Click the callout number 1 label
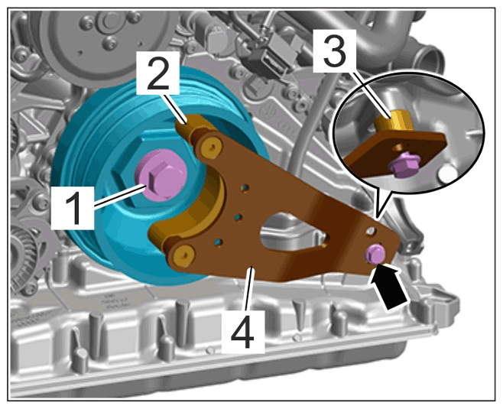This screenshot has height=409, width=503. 73,207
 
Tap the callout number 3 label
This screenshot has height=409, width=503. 335,51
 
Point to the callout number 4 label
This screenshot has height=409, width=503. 243,331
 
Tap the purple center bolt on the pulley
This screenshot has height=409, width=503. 160,176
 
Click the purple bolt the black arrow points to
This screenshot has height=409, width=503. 375,253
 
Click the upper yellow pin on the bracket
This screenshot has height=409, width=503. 211,148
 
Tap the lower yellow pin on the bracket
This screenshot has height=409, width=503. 183,255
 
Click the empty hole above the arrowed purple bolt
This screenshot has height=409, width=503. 372,231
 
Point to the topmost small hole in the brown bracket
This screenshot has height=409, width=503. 245,187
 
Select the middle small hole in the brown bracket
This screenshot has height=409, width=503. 238,217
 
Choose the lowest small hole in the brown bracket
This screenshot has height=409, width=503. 218,242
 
